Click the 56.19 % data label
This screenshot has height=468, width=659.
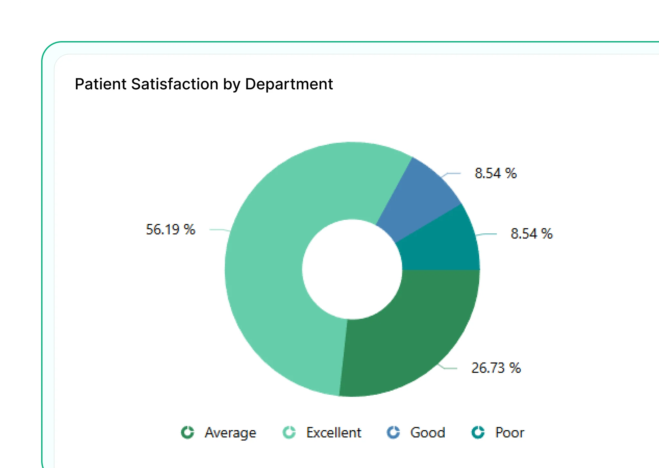point(171,230)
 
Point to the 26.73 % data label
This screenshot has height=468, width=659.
point(496,368)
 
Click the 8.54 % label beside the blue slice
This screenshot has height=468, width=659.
point(496,173)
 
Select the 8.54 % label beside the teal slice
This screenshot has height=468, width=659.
point(532,234)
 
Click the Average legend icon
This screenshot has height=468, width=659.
point(188,432)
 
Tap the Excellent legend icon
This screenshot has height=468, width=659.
point(289,432)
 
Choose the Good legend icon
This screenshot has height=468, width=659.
point(393,432)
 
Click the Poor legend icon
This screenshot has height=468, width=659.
point(478,432)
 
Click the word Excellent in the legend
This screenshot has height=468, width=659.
point(334,433)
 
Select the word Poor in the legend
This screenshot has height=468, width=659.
point(510,433)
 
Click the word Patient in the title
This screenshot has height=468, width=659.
point(101,84)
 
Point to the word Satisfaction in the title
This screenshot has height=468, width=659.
point(175,84)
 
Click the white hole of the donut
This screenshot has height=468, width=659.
point(352,269)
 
